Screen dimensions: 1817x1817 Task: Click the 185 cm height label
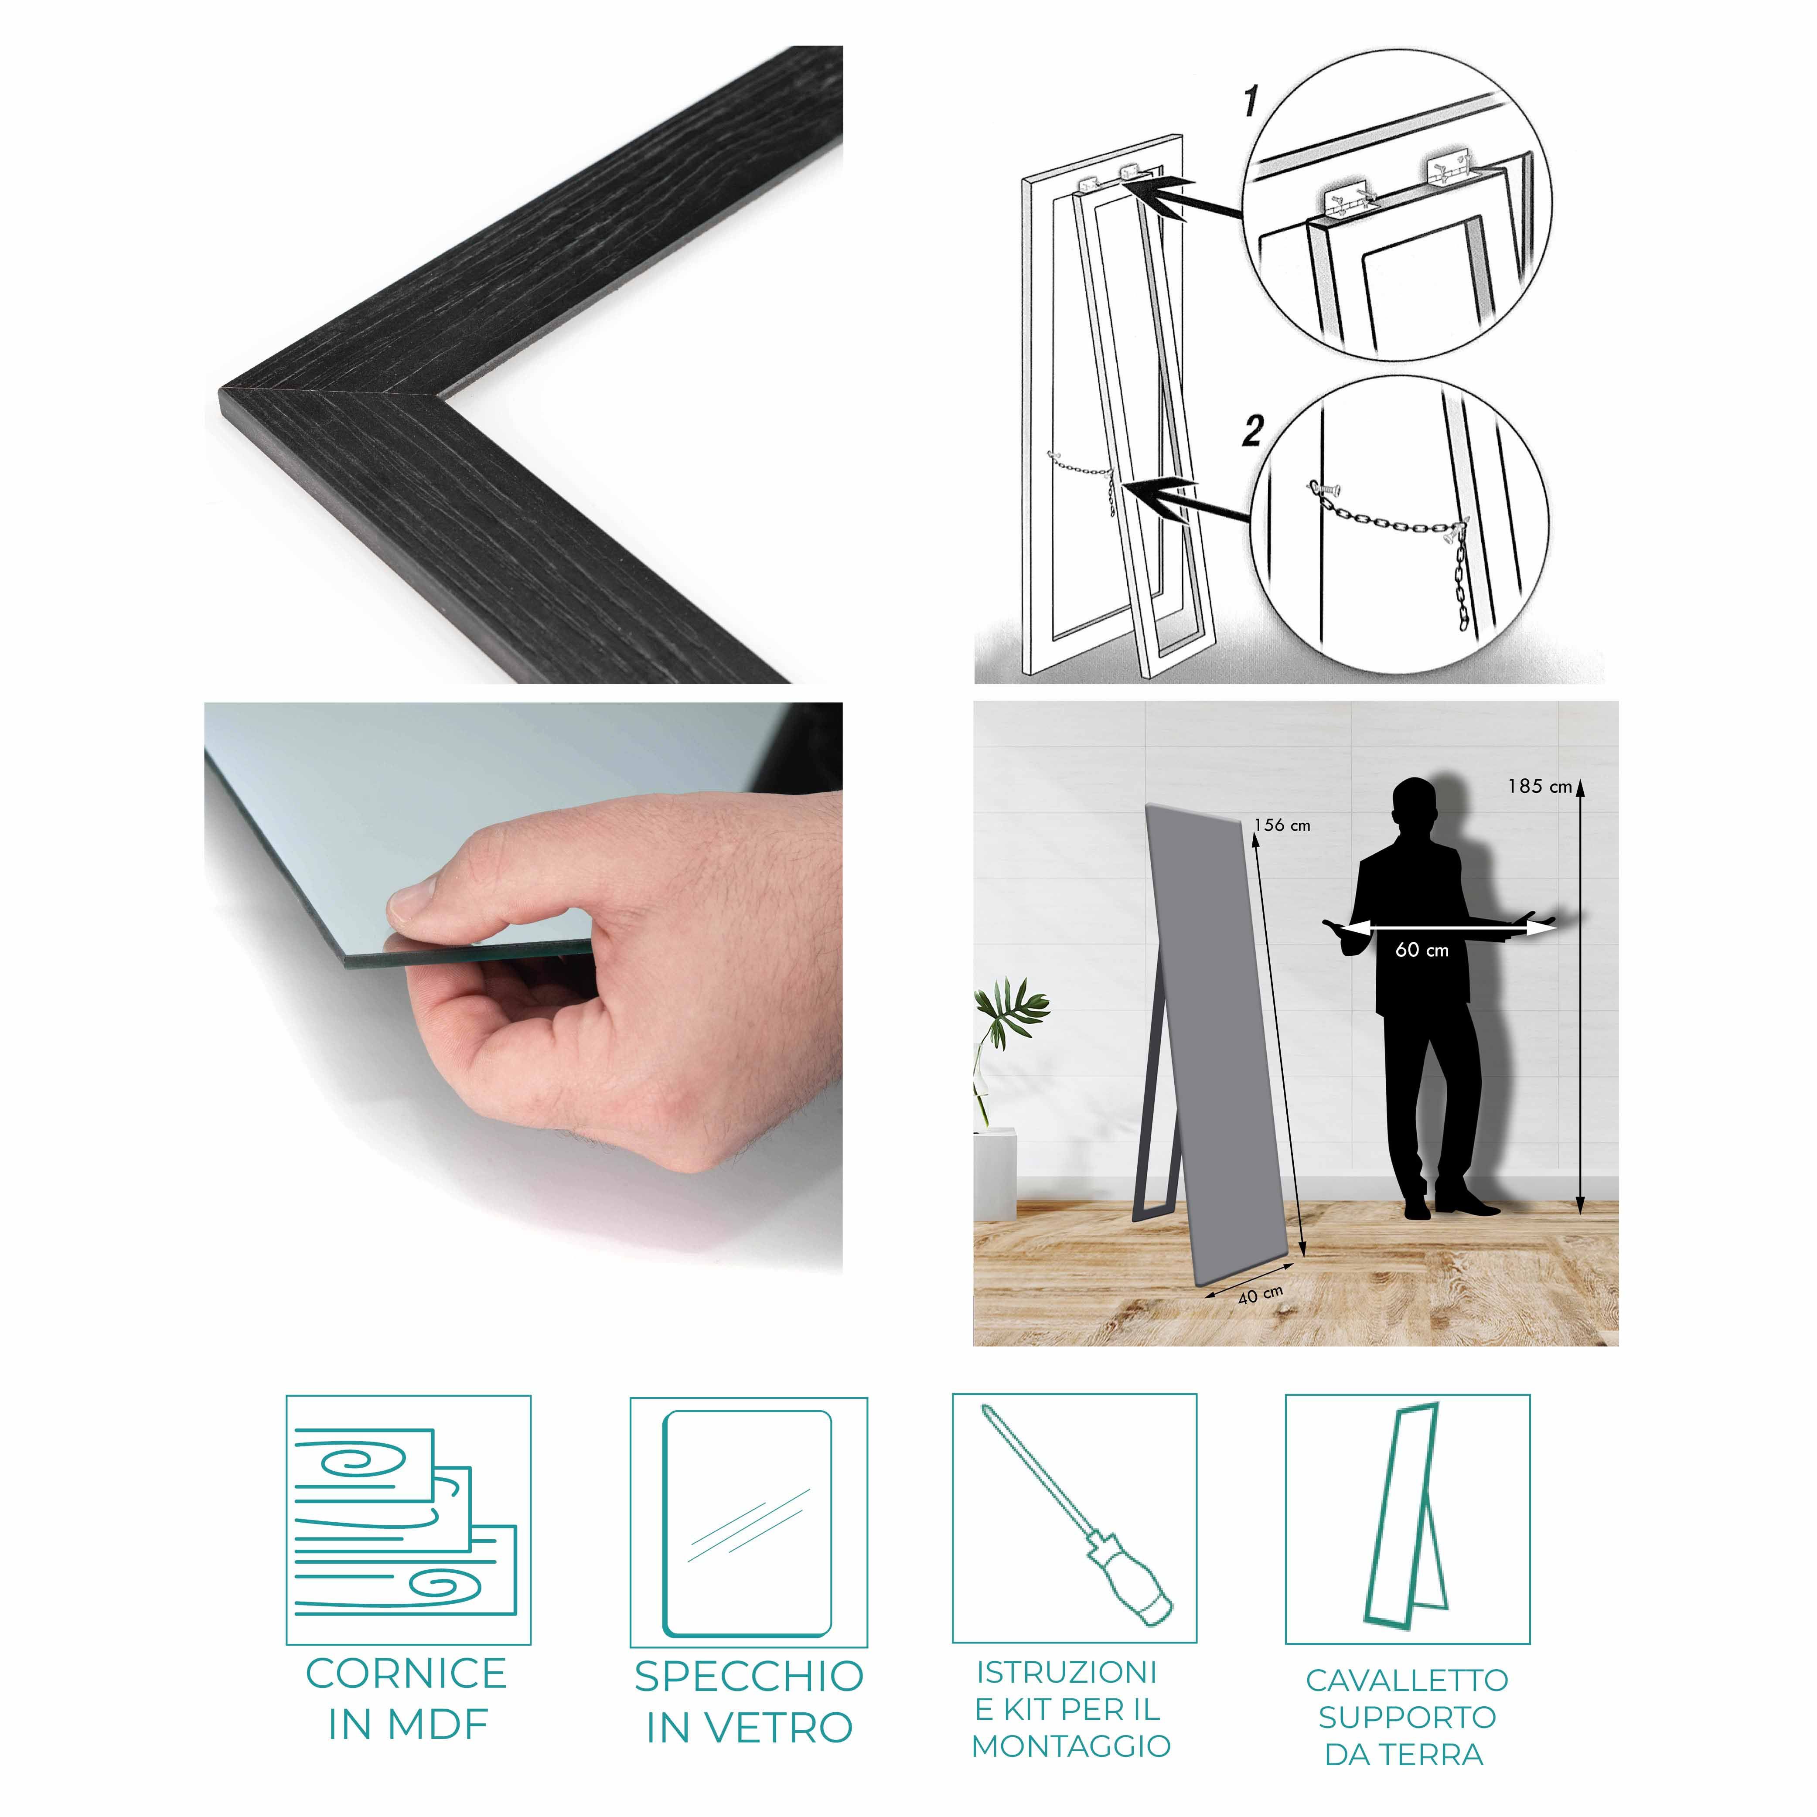(1540, 786)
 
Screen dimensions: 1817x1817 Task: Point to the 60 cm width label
(1422, 950)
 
